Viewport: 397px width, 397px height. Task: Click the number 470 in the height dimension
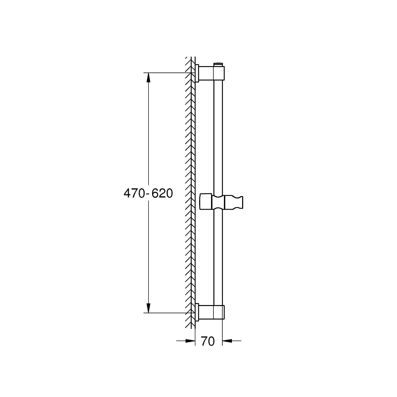133,194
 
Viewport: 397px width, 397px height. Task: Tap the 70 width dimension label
208,341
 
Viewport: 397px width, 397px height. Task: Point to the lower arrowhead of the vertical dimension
149,308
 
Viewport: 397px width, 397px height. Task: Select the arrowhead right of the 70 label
228,340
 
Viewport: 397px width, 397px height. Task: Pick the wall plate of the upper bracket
197,73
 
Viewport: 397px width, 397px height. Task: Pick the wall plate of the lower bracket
197,312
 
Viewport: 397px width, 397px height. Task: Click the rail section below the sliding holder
218,258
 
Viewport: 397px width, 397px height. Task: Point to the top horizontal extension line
165,73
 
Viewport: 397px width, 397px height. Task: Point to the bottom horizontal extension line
165,313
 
